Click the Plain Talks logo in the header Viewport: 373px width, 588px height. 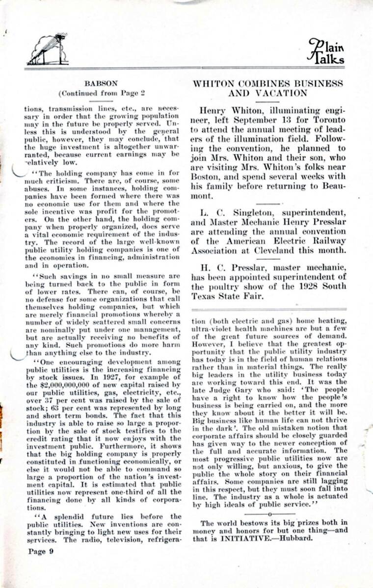click(x=326, y=51)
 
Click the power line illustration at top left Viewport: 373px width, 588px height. click(x=47, y=49)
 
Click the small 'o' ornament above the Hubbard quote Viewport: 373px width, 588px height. click(x=269, y=514)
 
